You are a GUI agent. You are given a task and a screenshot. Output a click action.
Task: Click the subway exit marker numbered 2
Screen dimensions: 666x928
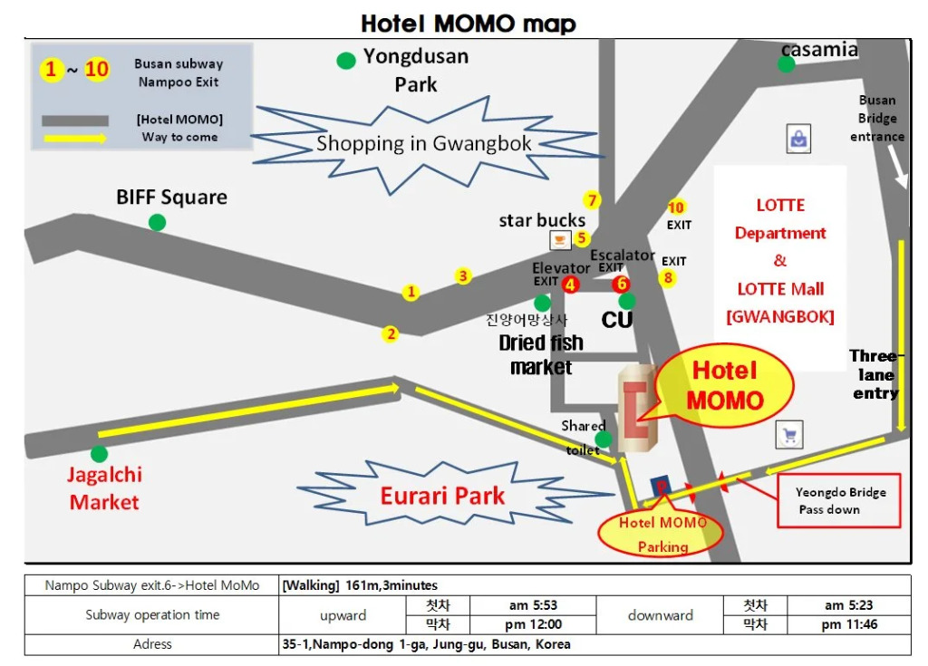pos(391,333)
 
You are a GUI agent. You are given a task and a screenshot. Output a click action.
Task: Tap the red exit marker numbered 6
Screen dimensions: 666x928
pos(622,284)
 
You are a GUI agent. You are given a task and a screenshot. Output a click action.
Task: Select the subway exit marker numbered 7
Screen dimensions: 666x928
pos(592,200)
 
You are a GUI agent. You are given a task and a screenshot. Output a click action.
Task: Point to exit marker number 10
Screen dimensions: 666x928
pos(676,208)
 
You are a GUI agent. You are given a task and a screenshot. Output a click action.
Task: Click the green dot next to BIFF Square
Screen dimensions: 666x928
pos(158,222)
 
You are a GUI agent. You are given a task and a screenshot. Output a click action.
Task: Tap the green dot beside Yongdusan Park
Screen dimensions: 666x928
pos(346,61)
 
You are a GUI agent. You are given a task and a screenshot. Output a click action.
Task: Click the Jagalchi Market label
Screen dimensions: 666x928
pos(104,488)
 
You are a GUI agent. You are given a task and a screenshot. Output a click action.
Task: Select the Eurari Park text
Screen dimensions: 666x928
pos(443,496)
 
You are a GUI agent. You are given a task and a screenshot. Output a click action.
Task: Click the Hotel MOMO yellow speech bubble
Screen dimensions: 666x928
pos(725,386)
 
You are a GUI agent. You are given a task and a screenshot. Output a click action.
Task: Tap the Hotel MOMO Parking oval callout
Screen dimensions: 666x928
pos(662,535)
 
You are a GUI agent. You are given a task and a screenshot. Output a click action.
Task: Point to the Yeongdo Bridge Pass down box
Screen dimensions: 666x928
pos(839,500)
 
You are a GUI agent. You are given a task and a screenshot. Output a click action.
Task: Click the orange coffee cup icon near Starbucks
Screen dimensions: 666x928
pos(559,239)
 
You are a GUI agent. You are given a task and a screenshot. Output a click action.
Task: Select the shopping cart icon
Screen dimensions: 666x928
pos(789,436)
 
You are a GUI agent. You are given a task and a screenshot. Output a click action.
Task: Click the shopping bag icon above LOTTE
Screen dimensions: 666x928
pos(798,140)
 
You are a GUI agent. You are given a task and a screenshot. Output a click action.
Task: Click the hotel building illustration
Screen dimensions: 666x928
pos(638,408)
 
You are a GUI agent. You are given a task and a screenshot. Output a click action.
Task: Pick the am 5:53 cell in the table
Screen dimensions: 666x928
pos(533,605)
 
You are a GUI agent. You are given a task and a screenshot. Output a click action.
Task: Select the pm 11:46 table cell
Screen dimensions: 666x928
pos(849,624)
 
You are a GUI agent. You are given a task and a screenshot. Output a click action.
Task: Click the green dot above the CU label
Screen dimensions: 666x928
pos(627,301)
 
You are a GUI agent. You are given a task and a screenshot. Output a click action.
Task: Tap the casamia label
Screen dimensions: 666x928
pos(819,50)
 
